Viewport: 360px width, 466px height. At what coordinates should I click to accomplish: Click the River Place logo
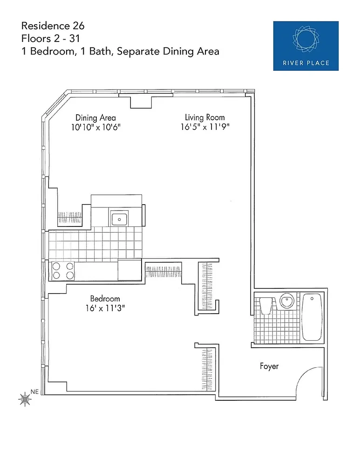306,46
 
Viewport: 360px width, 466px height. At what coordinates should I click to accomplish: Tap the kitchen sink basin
119,219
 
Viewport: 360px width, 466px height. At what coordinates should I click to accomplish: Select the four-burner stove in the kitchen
63,271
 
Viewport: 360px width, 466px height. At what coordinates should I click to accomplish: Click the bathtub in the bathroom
312,317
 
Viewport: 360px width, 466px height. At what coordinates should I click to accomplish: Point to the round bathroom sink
287,301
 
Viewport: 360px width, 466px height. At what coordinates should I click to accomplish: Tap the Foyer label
269,366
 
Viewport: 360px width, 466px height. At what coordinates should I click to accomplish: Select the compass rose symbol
25,399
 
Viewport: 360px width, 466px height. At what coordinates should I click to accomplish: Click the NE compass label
34,392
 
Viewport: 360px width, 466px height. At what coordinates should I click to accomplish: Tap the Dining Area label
95,118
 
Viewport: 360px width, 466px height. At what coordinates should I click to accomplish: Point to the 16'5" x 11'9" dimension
205,127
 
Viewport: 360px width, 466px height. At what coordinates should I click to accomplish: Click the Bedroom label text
105,298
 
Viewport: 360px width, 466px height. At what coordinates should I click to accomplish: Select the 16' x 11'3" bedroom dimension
105,308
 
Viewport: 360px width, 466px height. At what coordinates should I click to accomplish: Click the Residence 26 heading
53,26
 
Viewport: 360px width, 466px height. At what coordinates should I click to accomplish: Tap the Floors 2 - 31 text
50,39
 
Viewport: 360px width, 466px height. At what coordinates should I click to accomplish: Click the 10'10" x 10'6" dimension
95,127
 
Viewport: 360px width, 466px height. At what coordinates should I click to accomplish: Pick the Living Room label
205,117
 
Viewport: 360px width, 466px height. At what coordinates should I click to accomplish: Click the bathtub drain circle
312,298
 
